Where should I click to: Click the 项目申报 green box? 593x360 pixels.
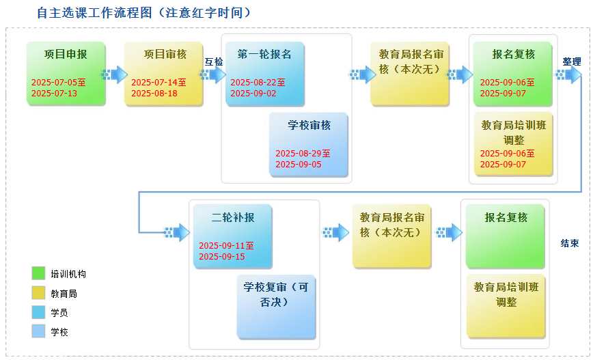[66, 73]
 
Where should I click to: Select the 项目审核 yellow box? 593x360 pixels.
[164, 73]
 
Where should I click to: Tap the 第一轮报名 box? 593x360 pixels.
[265, 73]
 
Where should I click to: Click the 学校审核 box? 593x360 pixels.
[309, 144]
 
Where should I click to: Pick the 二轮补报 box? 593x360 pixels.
[232, 236]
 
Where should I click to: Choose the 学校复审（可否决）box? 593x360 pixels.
[277, 307]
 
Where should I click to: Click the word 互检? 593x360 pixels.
[214, 61]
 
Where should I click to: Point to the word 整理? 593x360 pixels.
[571, 61]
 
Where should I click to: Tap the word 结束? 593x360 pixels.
[570, 243]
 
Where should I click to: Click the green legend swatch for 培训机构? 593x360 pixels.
[38, 273]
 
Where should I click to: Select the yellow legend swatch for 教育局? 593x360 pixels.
[38, 293]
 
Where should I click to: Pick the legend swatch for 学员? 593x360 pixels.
[38, 312]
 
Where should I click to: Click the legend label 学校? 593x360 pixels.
[59, 332]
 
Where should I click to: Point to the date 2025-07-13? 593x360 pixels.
[54, 94]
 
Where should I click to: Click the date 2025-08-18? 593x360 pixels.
[154, 94]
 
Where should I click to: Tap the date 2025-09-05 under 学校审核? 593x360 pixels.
[299, 165]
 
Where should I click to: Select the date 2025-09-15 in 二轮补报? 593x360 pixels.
[222, 256]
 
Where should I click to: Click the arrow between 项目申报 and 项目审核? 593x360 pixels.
[115, 74]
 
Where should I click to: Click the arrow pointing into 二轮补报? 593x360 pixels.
[178, 232]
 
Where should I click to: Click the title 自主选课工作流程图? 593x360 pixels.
[94, 13]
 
